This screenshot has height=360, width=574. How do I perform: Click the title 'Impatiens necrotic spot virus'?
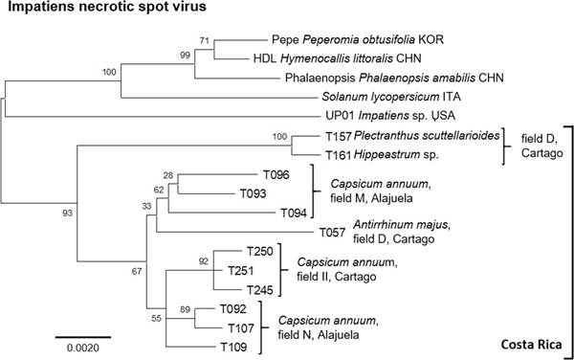click(x=107, y=7)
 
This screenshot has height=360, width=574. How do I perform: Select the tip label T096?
click(x=276, y=174)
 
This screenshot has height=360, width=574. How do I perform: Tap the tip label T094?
click(x=294, y=213)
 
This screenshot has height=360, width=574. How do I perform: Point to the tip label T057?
click(x=332, y=233)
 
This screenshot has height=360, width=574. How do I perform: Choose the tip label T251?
click(x=240, y=271)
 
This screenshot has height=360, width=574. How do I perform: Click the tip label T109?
click(x=233, y=347)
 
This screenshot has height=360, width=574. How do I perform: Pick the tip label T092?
click(x=232, y=308)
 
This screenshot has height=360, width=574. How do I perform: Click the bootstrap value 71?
click(x=205, y=40)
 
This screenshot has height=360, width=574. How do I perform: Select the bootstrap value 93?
click(x=67, y=213)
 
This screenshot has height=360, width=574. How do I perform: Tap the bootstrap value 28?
click(x=168, y=175)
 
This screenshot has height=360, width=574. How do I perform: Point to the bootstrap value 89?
click(x=185, y=309)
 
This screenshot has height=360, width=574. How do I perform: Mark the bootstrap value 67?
click(x=137, y=271)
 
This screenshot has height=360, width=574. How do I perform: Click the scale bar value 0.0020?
click(x=82, y=348)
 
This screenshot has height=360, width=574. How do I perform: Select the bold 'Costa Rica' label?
click(x=531, y=345)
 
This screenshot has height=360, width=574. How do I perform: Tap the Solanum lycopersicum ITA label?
click(x=391, y=97)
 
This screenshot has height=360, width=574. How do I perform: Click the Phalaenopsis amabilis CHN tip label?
click(x=394, y=78)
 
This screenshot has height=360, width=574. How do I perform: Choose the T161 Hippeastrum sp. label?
click(x=382, y=155)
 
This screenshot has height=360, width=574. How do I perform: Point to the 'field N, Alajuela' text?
click(x=319, y=335)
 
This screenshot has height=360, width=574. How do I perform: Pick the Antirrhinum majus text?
click(x=401, y=224)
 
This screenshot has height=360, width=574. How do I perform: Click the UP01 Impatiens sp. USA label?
click(x=390, y=116)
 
